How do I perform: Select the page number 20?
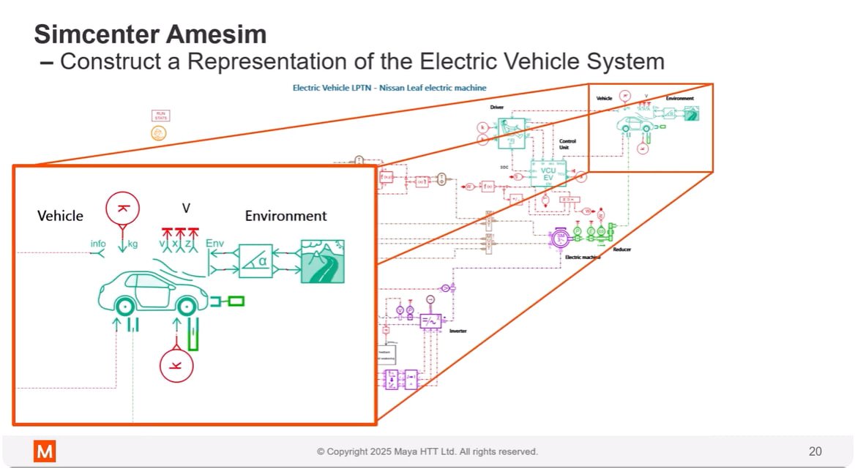pyautogui.click(x=815, y=451)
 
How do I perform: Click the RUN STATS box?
pyautogui.click(x=160, y=115)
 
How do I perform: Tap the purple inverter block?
pyautogui.click(x=430, y=320)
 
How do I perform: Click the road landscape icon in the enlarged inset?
pyautogui.click(x=323, y=261)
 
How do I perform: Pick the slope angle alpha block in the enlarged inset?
pyautogui.click(x=255, y=261)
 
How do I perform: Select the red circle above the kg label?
pyautogui.click(x=122, y=209)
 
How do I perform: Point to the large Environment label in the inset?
pyautogui.click(x=285, y=216)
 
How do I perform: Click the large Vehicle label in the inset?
pyautogui.click(x=60, y=216)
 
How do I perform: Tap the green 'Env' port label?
pyautogui.click(x=215, y=243)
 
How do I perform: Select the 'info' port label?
pyautogui.click(x=98, y=244)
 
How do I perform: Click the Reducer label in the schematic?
pyautogui.click(x=621, y=249)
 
